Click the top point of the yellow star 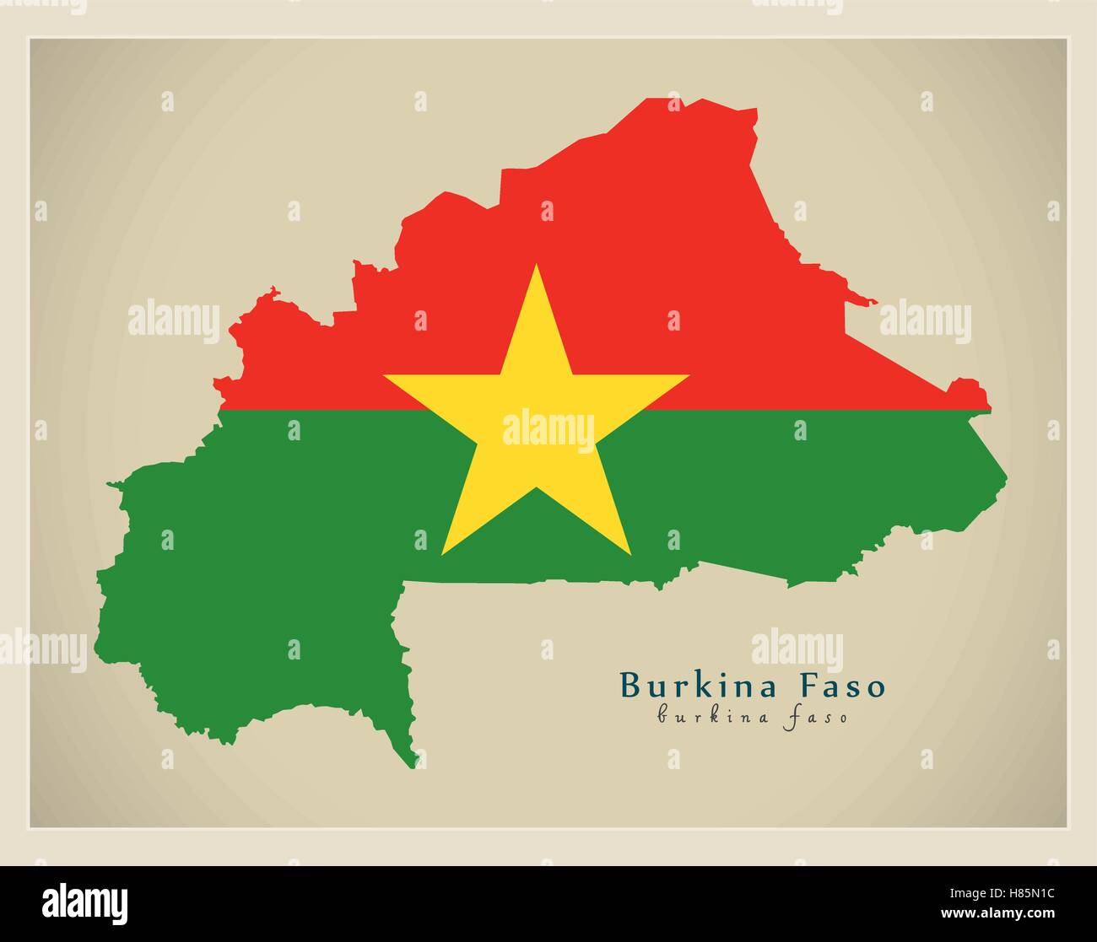[x=537, y=266]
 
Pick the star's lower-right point [x=629, y=552]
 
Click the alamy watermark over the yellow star [x=548, y=428]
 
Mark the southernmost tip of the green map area [x=413, y=767]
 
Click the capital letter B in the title [x=630, y=685]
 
